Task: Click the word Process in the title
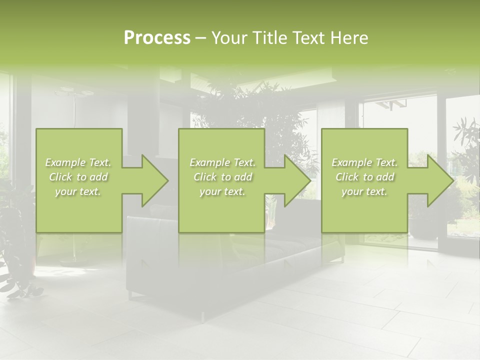[157, 38]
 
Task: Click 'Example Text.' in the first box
[78, 162]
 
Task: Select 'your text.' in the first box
[78, 191]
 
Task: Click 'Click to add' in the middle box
[222, 177]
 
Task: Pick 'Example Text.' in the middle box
[222, 162]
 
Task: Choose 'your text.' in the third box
[364, 191]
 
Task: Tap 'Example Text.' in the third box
[364, 162]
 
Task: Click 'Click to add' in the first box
[78, 177]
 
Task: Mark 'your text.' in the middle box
[222, 191]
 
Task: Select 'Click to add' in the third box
[364, 177]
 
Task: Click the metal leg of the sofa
[203, 316]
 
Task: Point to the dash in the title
[200, 38]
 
